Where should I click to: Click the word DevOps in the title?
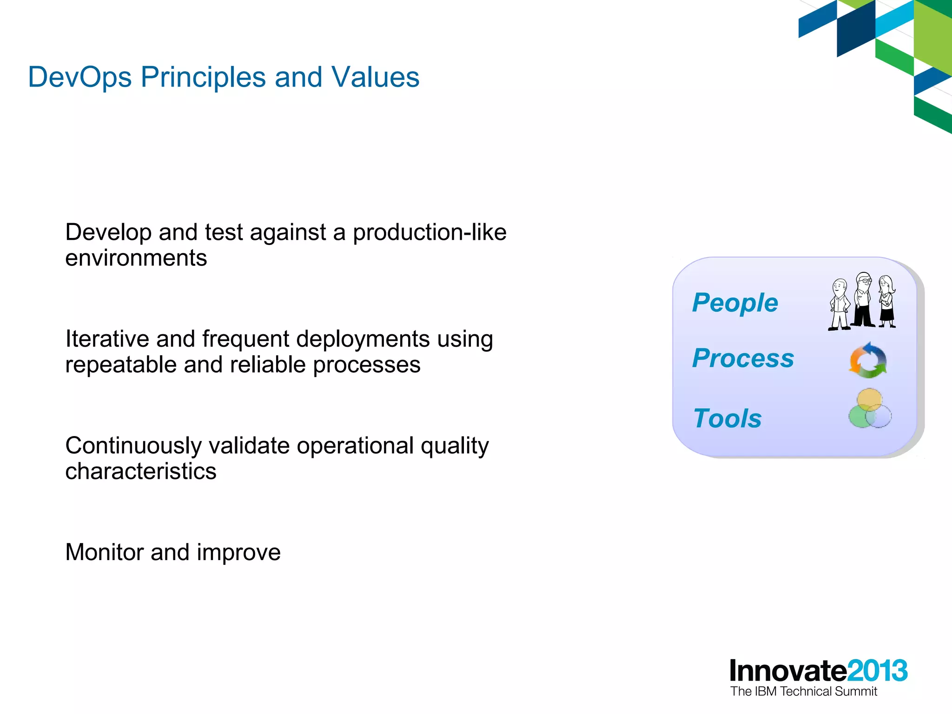(79, 77)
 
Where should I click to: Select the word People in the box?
(734, 303)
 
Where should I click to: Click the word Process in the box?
(743, 358)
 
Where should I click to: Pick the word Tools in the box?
(727, 418)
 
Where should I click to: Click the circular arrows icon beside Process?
(868, 360)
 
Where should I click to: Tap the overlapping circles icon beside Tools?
(870, 410)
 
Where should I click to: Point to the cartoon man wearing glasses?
(863, 300)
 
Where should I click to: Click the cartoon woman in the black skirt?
(887, 302)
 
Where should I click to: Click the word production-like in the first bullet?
(430, 232)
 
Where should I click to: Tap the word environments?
(136, 258)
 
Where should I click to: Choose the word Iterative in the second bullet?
(107, 339)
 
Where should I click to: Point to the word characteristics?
(140, 471)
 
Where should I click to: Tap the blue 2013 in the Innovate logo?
(877, 671)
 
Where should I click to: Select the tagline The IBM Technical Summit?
(803, 692)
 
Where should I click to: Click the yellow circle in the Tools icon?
(869, 399)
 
